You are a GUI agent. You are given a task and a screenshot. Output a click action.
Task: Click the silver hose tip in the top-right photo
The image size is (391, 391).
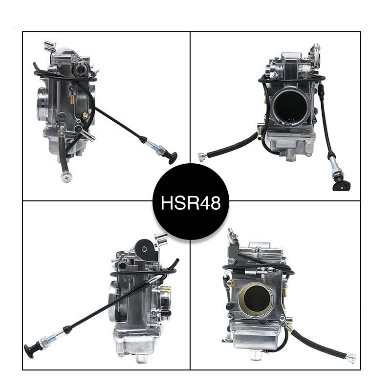(x=201, y=156)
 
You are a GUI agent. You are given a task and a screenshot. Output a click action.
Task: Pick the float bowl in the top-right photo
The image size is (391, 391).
(x=289, y=144)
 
